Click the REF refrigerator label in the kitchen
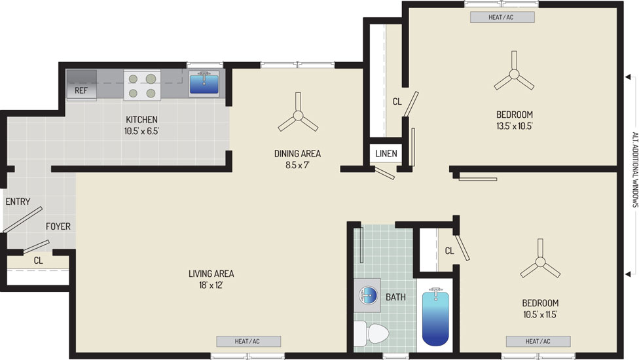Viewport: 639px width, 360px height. point(81,90)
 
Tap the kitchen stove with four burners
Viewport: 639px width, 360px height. point(142,84)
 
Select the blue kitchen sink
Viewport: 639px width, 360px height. point(204,84)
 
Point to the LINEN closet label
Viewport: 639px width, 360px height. point(386,154)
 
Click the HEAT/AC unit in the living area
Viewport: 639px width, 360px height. point(249,341)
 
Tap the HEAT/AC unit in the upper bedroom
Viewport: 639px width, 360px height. point(502,17)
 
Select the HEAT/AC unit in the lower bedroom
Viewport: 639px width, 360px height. point(538,341)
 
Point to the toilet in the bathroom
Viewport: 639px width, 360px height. point(371,333)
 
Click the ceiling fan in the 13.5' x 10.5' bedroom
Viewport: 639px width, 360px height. point(514,73)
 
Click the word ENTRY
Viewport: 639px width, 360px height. point(18,202)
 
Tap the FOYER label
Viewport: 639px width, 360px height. point(58,226)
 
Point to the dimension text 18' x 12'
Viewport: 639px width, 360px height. point(211,285)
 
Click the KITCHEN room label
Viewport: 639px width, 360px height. point(141,120)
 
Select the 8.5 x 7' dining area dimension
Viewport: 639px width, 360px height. point(297,165)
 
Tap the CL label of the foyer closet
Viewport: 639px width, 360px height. point(39,261)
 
